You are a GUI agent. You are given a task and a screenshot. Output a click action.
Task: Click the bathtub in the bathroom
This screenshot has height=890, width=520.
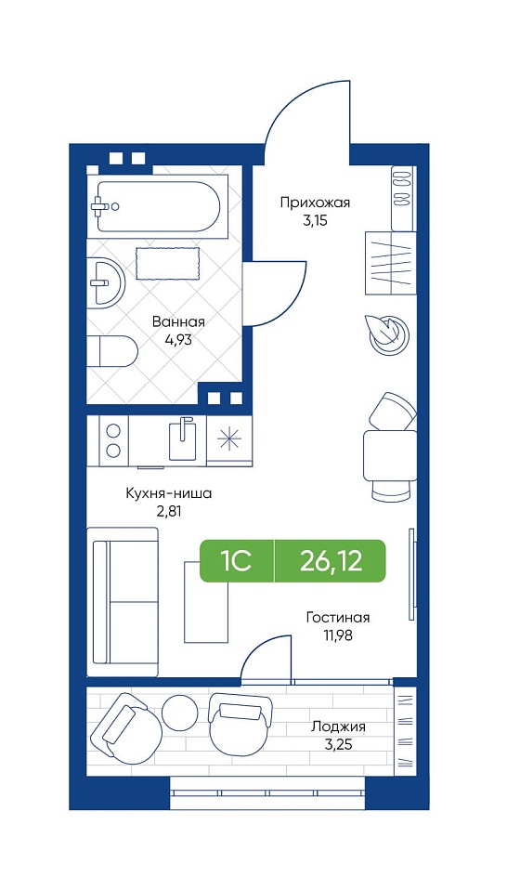tap(158, 206)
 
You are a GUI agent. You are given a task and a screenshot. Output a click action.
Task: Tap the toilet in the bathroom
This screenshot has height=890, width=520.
tap(112, 351)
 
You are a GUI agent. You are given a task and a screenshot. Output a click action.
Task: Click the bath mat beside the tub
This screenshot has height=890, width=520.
tap(168, 263)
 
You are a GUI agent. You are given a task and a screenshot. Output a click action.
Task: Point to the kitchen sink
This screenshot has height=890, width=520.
tap(182, 438)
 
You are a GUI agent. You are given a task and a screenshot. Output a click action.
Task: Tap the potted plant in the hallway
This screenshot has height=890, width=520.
tap(388, 334)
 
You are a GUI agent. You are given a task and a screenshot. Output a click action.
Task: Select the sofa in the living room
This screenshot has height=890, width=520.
tap(123, 602)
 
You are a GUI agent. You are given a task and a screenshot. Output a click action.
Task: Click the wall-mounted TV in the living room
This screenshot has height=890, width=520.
tap(411, 574)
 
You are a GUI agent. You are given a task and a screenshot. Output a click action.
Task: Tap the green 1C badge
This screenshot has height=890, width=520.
tap(237, 561)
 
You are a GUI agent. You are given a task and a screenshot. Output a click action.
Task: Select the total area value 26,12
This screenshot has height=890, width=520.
tap(331, 561)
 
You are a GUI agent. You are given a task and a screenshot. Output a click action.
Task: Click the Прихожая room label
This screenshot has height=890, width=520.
tap(316, 203)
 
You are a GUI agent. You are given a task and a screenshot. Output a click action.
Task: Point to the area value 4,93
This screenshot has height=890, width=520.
tap(177, 342)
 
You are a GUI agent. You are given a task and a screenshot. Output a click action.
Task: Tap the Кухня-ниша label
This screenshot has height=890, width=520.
tap(169, 493)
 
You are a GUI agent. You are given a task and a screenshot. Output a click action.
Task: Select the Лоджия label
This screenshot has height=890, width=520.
tap(339, 726)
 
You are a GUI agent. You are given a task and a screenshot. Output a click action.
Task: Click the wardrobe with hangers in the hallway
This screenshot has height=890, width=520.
tap(391, 263)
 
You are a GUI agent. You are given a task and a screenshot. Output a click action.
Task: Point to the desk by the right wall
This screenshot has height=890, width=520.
tap(390, 454)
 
